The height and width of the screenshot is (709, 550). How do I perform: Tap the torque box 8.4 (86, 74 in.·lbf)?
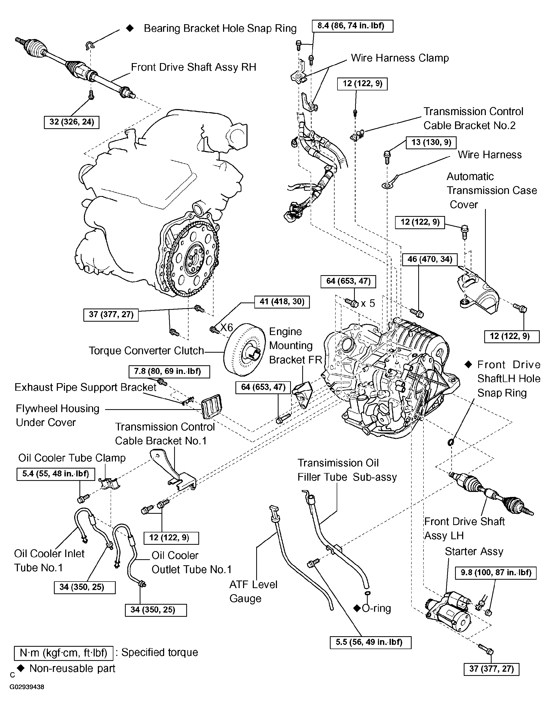point(352,26)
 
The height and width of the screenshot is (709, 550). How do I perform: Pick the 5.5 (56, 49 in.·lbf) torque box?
point(370,643)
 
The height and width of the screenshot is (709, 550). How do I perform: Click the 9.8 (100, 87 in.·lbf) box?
point(496,573)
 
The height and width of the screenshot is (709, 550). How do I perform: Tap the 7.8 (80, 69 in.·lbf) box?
point(167,372)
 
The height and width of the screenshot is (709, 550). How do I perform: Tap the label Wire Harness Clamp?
point(400,58)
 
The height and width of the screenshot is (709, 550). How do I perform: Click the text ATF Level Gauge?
point(253,591)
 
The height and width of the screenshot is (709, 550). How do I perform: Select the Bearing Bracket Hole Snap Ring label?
point(220,29)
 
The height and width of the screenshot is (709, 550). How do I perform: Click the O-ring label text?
point(376,608)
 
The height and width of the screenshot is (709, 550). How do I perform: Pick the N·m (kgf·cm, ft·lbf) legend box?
point(64,653)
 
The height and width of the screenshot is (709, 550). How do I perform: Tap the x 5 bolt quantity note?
point(368,303)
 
